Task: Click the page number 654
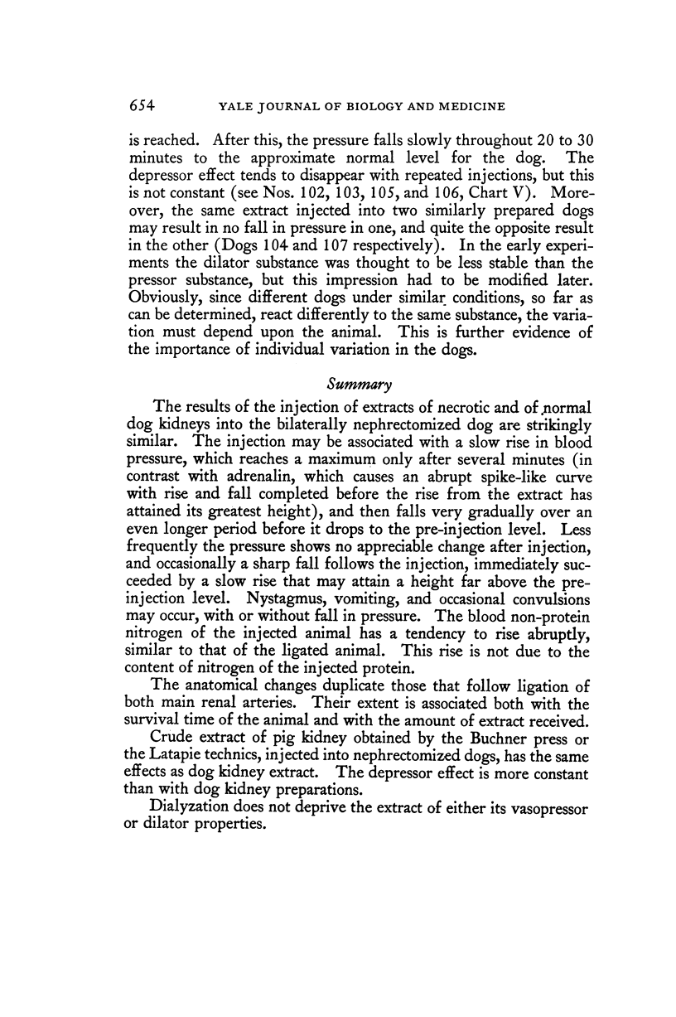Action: [x=143, y=105]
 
